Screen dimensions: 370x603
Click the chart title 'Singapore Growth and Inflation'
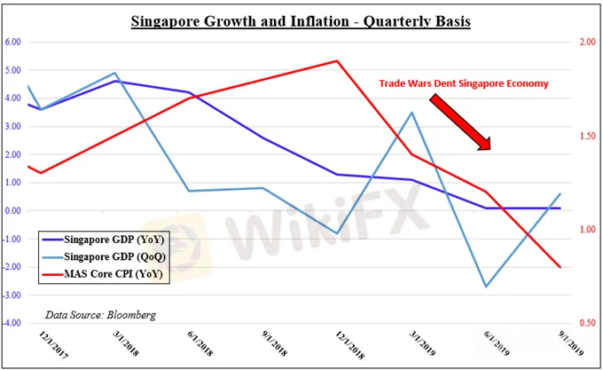301,20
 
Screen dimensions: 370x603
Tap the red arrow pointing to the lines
460,122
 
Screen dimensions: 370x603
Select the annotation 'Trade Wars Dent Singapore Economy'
464,83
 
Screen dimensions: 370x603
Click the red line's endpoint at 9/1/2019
560,267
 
